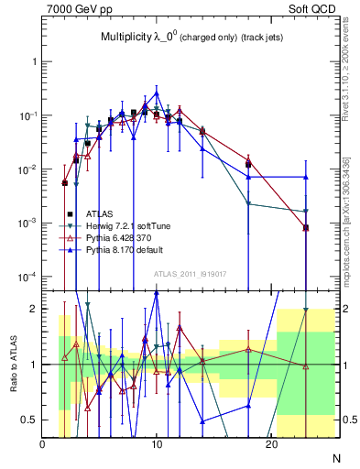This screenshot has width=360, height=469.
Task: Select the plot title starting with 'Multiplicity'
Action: tap(191, 38)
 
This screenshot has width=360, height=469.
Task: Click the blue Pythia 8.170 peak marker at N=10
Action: tap(157, 93)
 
